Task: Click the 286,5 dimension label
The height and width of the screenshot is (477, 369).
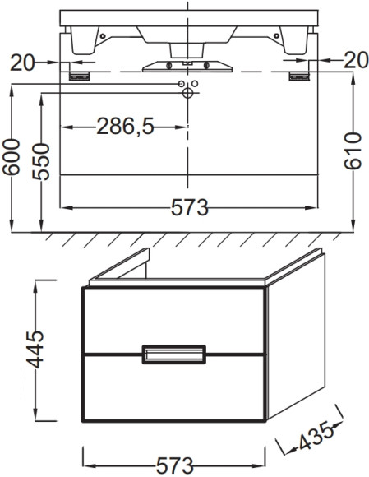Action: click(125, 127)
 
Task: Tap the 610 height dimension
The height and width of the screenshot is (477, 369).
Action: click(353, 151)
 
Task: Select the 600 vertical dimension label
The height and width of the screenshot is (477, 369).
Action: click(12, 157)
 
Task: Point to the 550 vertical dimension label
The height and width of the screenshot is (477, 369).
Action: click(41, 162)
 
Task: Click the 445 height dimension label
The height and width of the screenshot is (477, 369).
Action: click(35, 350)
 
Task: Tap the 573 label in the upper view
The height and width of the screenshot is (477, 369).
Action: click(190, 208)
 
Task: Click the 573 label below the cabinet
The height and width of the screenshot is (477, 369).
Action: click(175, 465)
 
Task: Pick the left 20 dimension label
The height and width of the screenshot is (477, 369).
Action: click(22, 63)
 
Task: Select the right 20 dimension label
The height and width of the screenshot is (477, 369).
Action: click(356, 60)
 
